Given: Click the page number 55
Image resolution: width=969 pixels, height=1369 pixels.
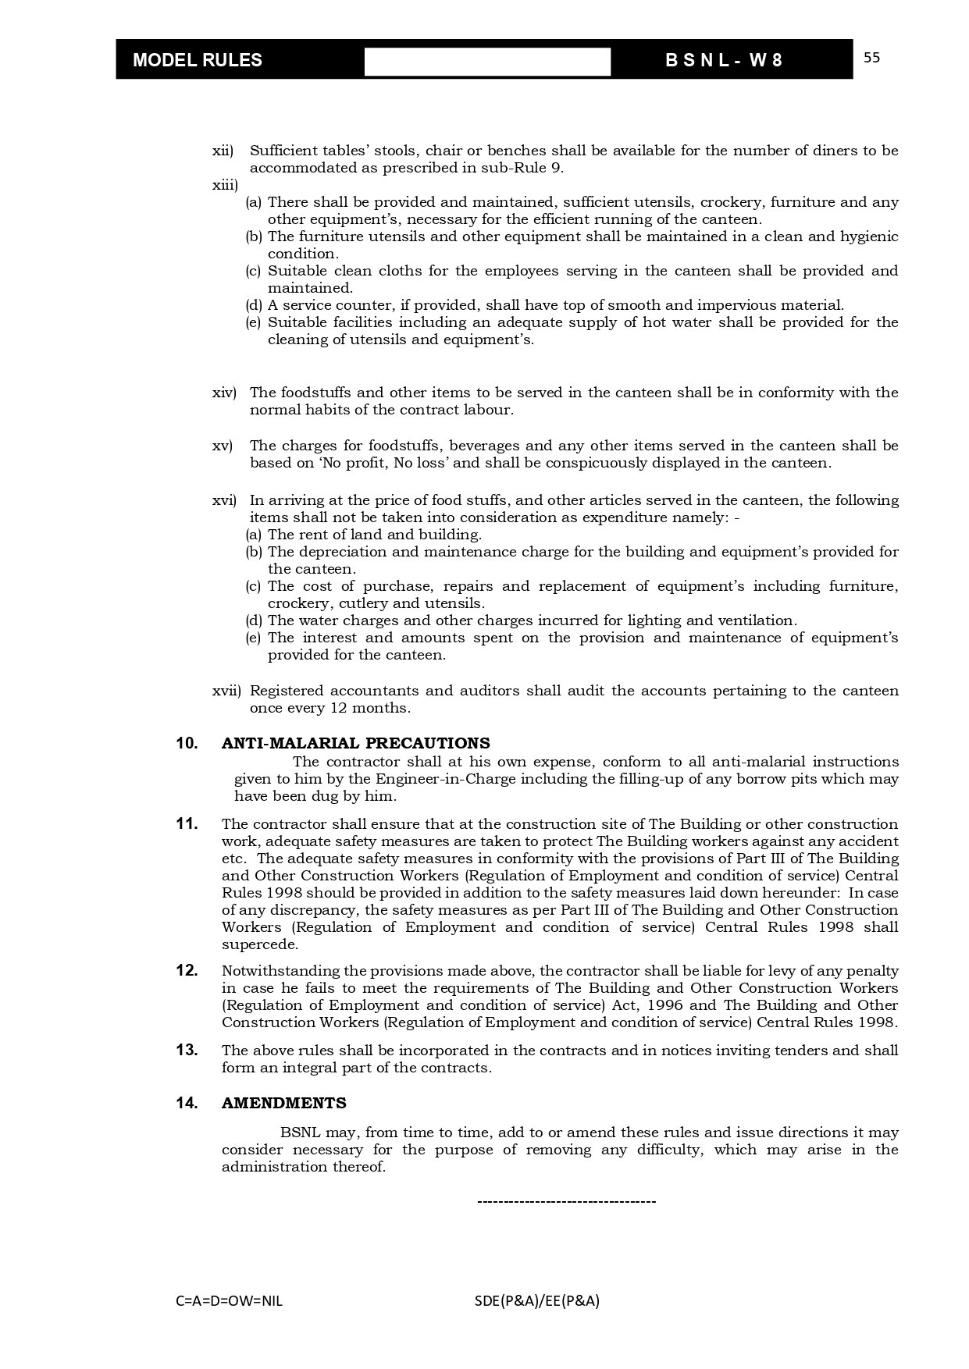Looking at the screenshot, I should tap(872, 58).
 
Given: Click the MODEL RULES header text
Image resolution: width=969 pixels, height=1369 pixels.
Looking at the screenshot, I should tap(198, 61).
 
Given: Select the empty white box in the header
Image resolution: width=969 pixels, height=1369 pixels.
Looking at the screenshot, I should tap(487, 62).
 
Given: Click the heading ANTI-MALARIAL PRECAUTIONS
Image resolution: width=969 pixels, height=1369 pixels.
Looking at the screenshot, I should tap(356, 743).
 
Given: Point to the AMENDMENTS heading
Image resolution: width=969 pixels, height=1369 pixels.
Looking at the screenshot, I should tap(284, 1103).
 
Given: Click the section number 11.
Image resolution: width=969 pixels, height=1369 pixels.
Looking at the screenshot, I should tap(187, 823).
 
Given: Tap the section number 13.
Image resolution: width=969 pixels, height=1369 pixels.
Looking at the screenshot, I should tap(187, 1050).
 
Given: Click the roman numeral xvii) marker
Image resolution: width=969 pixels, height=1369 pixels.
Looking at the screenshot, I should tap(227, 691).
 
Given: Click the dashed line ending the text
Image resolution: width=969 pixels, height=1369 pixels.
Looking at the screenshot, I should tap(566, 1201).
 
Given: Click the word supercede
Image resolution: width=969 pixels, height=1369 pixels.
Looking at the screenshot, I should tap(259, 944).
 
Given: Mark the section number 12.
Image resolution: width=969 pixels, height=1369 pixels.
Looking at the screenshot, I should tap(187, 971).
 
